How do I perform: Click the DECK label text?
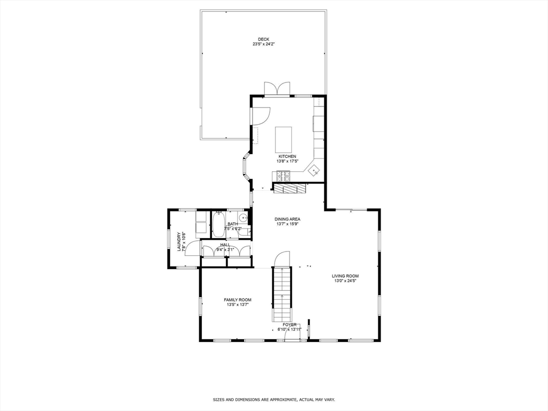[x=263, y=39]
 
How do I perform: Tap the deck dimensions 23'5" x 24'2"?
[x=263, y=44]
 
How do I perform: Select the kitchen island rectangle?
[x=284, y=140]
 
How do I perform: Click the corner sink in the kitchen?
[x=314, y=171]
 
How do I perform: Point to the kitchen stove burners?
[x=283, y=175]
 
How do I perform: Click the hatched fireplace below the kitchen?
[x=289, y=188]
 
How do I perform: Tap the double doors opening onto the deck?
[x=277, y=89]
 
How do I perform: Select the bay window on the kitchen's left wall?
[x=247, y=167]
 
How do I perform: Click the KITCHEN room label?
[x=287, y=156]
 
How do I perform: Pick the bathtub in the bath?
[x=218, y=225]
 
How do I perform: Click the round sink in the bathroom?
[x=242, y=218]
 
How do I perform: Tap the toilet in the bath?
[x=243, y=232]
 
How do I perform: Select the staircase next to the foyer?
[x=282, y=293]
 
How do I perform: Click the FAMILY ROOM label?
[x=238, y=300]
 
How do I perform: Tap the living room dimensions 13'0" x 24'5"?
[x=345, y=280]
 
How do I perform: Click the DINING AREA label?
[x=287, y=219]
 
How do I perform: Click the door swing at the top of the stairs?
[x=281, y=258]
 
